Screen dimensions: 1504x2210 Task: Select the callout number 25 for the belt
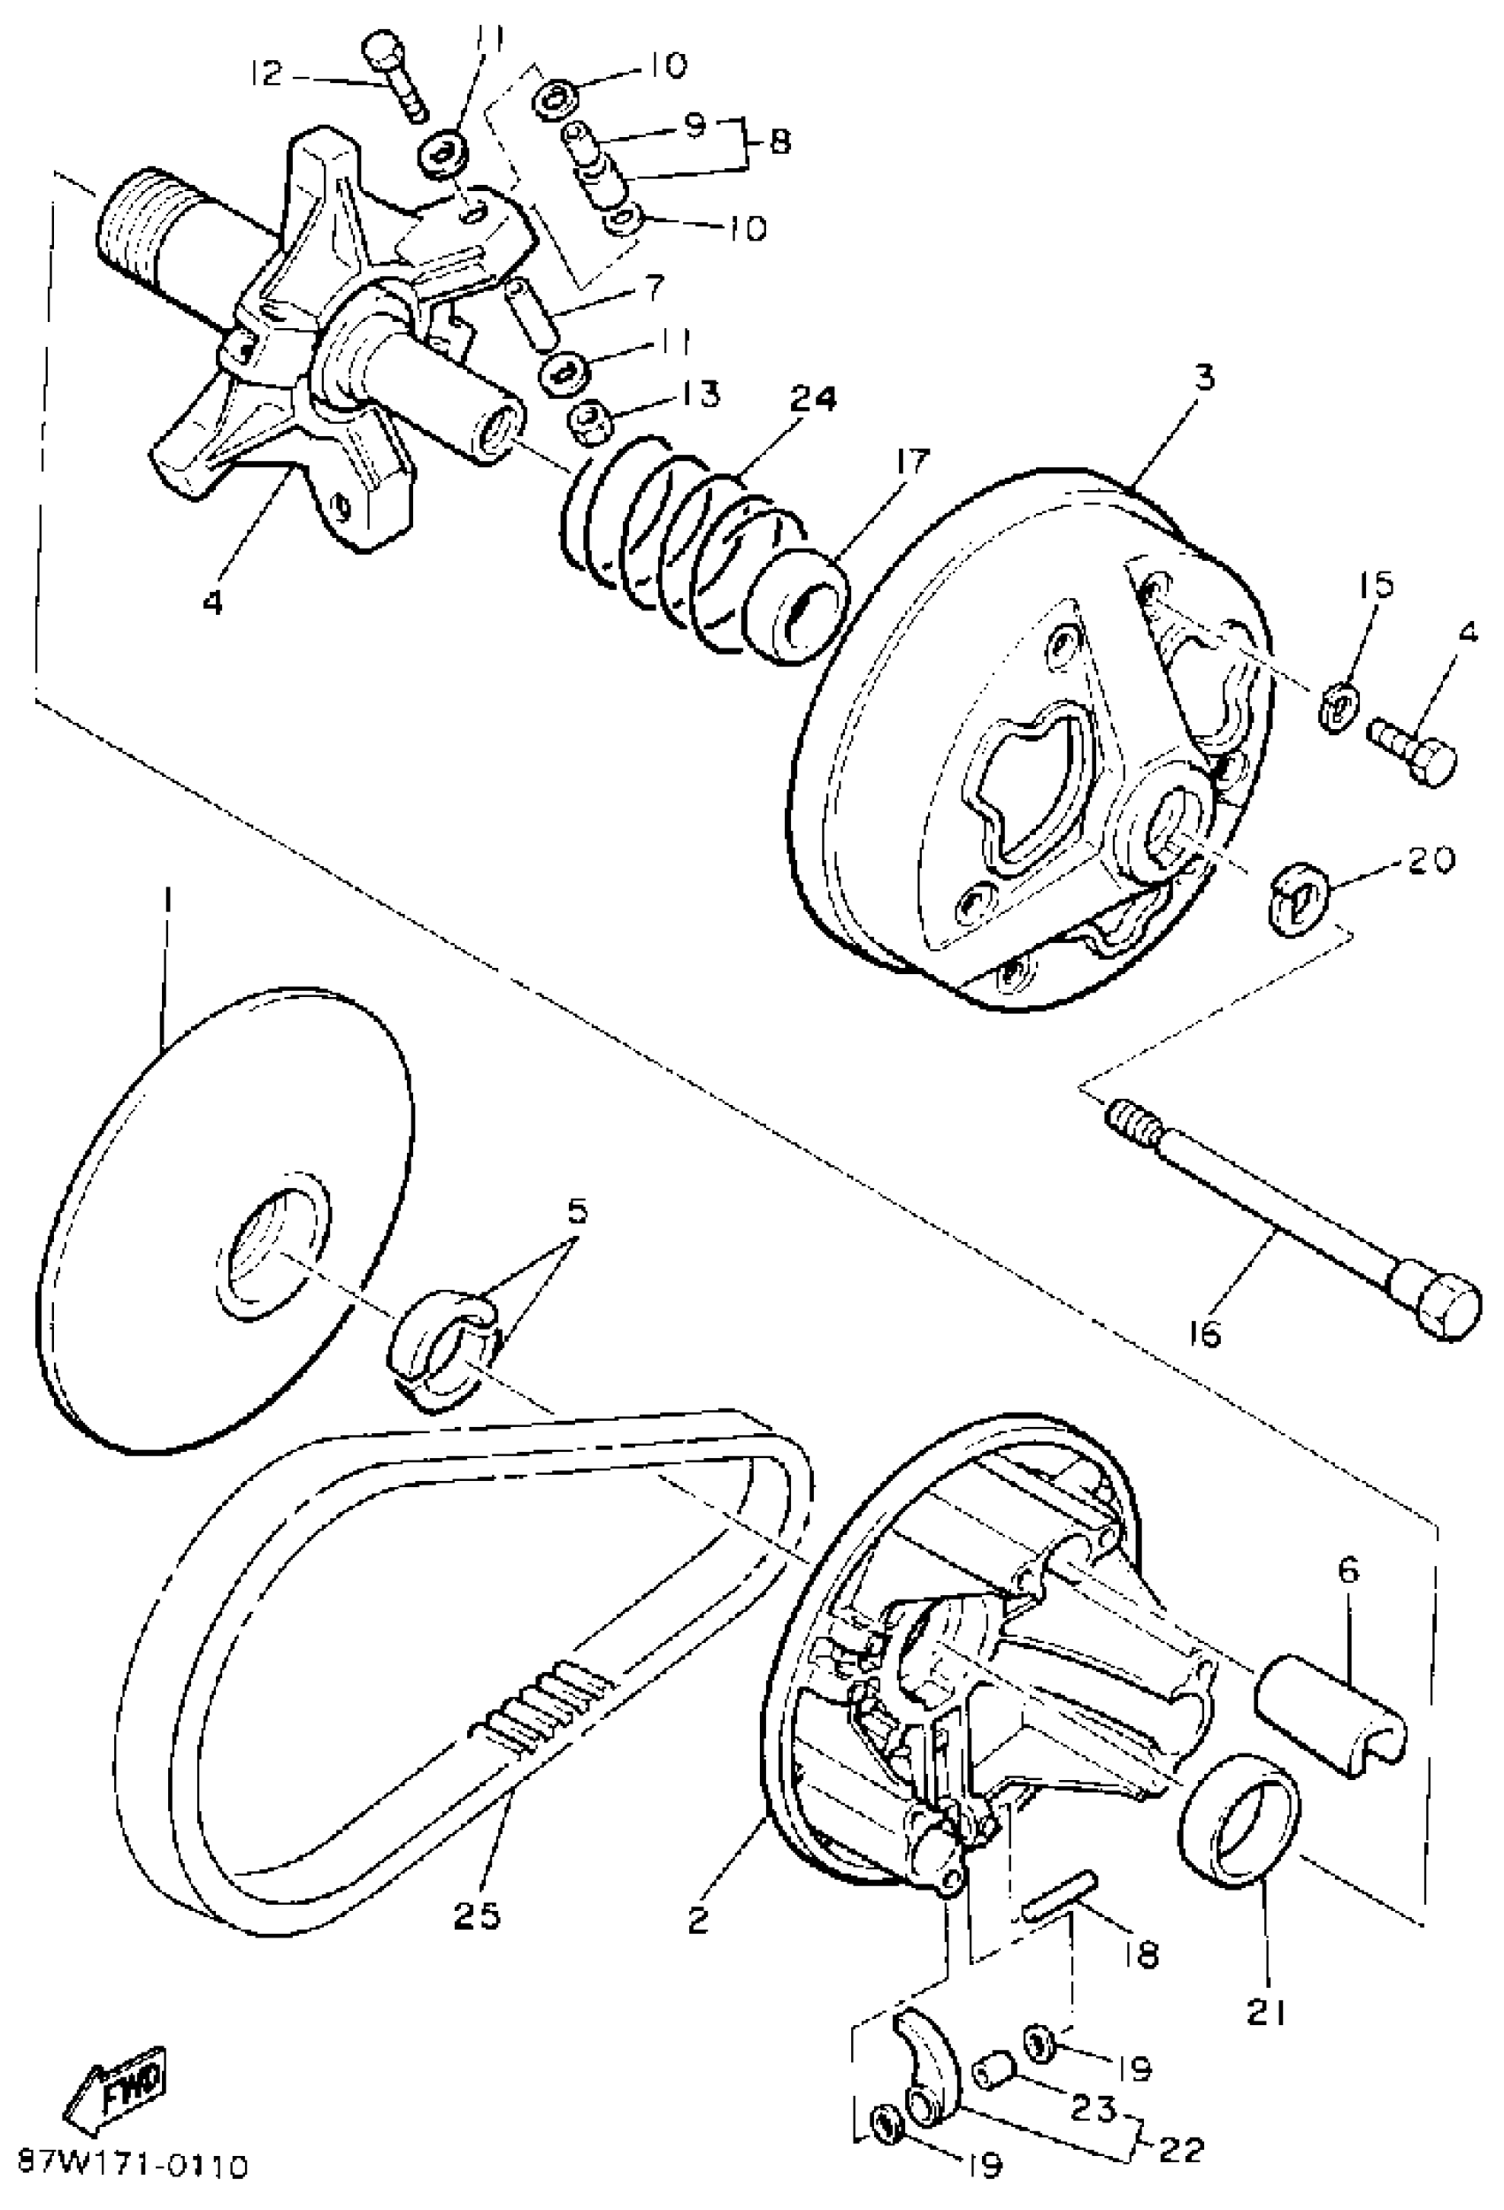click(475, 1915)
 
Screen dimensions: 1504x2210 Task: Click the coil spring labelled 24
click(685, 542)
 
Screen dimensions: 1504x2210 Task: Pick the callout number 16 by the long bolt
click(1203, 1333)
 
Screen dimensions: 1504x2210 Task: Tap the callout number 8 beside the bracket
click(779, 142)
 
